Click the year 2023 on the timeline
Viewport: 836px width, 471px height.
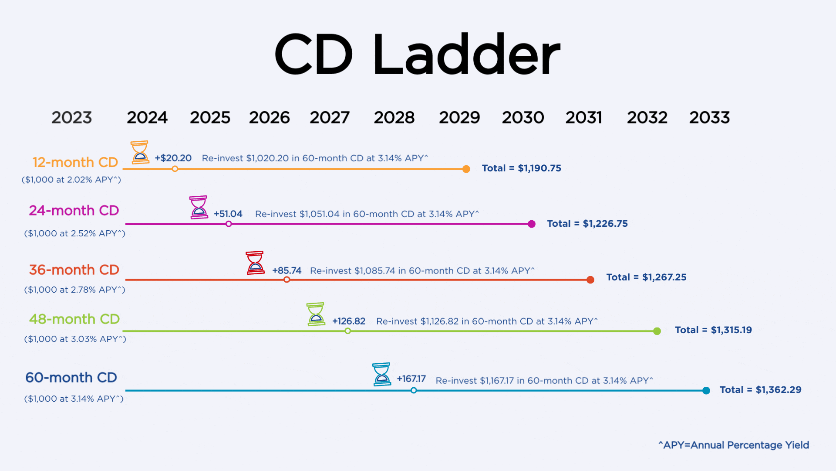(x=72, y=117)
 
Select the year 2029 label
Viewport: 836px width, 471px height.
(x=459, y=117)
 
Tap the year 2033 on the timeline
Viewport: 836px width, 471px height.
(x=709, y=117)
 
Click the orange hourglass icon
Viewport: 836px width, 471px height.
(x=140, y=152)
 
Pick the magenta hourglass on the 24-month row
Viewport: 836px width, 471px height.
(x=199, y=207)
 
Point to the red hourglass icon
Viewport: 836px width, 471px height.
(x=255, y=263)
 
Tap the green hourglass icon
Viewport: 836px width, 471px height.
(x=316, y=314)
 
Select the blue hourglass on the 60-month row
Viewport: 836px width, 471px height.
(x=381, y=374)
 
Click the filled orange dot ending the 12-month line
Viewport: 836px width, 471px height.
(x=466, y=169)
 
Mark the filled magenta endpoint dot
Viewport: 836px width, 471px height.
(x=531, y=224)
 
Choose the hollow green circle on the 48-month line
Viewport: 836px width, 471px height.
(x=347, y=331)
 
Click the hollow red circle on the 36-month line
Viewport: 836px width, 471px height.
(x=287, y=280)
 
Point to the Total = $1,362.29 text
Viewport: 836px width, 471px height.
(x=760, y=390)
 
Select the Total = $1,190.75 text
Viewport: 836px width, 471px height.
(x=521, y=168)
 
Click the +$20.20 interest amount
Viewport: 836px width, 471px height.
(x=173, y=158)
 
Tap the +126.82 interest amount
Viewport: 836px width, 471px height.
(x=348, y=321)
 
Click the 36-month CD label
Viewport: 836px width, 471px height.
(x=74, y=270)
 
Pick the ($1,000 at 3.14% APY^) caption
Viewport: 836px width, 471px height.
(x=74, y=399)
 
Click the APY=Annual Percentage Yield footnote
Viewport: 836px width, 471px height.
(x=734, y=445)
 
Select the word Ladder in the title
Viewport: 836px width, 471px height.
(x=466, y=55)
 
